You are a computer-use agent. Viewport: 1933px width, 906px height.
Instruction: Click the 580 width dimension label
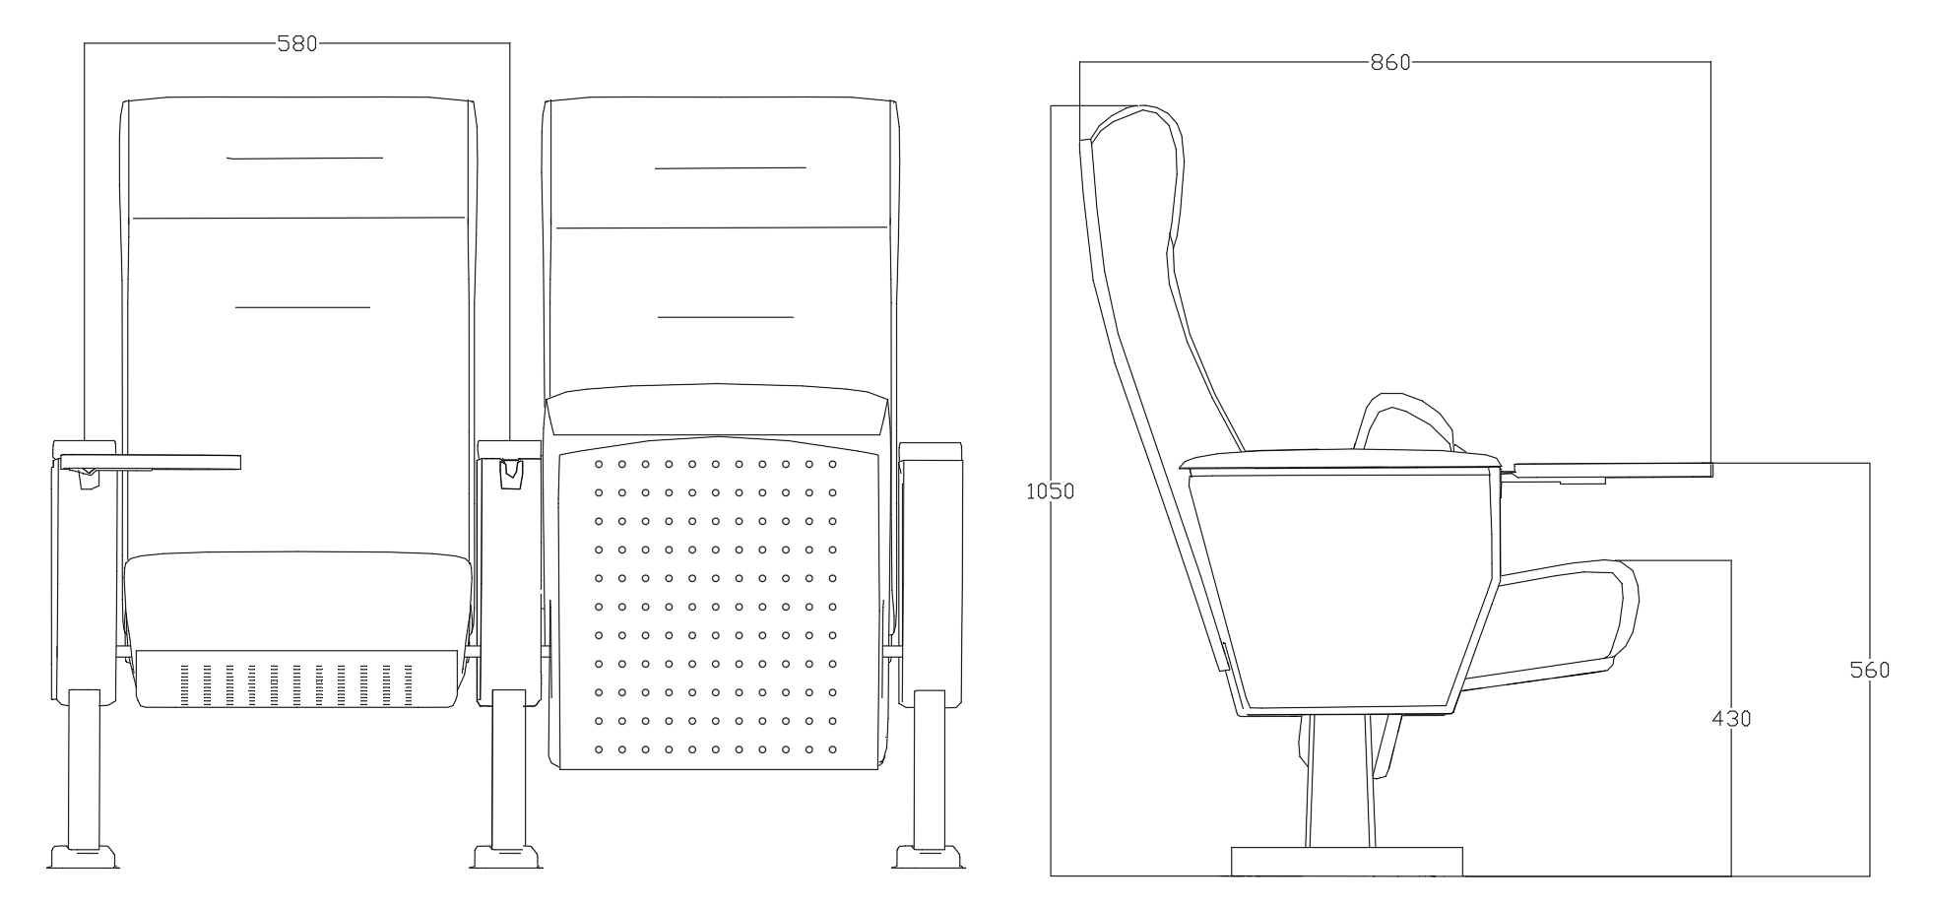[296, 43]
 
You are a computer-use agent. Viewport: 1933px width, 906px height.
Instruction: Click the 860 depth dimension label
[1390, 62]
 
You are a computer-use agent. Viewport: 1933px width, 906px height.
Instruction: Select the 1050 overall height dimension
[1051, 490]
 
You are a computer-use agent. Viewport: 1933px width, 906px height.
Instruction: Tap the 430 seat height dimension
[1731, 719]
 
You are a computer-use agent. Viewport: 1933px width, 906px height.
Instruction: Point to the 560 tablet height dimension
[1869, 671]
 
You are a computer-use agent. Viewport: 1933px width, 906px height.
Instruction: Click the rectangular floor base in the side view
[1347, 861]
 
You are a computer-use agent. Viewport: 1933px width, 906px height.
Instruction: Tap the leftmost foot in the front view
[83, 856]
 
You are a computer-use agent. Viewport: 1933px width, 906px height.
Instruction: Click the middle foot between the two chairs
[507, 856]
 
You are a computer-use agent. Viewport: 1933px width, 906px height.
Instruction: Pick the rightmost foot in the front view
[929, 856]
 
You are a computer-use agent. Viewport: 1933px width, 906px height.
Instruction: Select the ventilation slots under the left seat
[298, 685]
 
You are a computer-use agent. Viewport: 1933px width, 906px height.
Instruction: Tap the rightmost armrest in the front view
[931, 571]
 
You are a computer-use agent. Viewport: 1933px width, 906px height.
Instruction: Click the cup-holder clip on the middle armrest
[511, 473]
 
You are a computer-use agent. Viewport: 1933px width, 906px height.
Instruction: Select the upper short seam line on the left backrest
[304, 158]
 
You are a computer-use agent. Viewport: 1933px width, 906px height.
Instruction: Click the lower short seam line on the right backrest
[726, 317]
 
